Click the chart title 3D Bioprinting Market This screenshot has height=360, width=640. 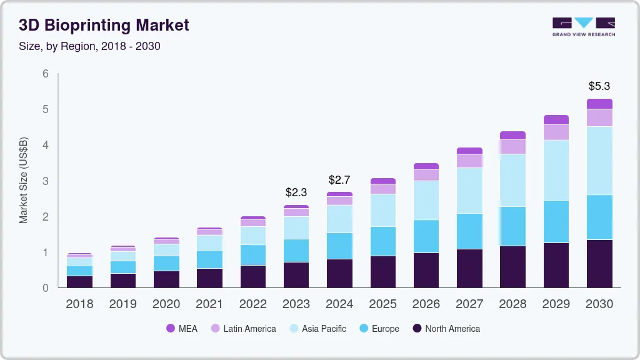[104, 25]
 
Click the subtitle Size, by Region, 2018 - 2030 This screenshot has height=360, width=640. [89, 46]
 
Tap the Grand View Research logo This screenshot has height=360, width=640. [583, 26]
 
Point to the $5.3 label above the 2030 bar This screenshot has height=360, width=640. [599, 86]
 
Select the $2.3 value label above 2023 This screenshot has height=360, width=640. [296, 192]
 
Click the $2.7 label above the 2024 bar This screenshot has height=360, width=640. [339, 180]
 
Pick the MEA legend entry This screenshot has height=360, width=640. [182, 328]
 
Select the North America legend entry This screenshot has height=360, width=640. [446, 328]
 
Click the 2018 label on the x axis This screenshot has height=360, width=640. [79, 304]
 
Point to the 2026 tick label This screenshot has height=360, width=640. [426, 304]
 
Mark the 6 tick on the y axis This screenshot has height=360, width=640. [46, 74]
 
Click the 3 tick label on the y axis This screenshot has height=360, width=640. [46, 181]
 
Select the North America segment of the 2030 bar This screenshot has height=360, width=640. [599, 263]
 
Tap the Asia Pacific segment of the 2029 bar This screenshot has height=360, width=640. [556, 170]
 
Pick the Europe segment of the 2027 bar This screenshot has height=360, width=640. [469, 231]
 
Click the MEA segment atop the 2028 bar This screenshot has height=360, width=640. [512, 135]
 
